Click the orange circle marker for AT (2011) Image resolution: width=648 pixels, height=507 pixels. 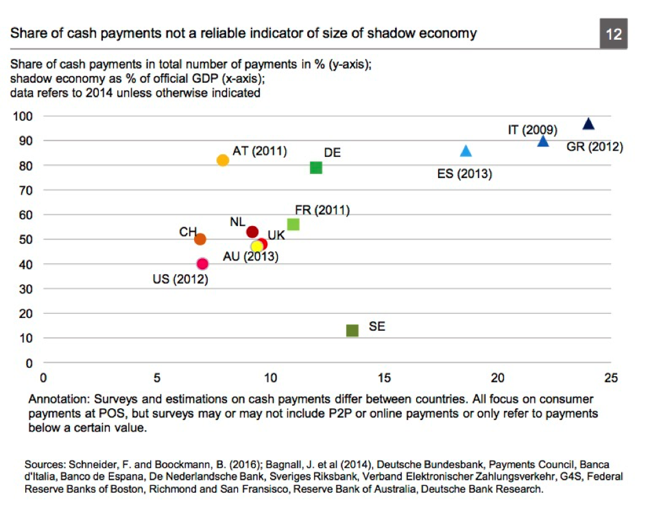click(x=223, y=160)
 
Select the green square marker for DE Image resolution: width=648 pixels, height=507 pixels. click(x=316, y=167)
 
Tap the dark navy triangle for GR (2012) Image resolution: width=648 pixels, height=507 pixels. click(x=588, y=124)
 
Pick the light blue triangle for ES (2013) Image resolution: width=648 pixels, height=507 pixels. click(x=466, y=151)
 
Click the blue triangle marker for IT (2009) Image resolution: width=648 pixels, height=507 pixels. click(x=543, y=141)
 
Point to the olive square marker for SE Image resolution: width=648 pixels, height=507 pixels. click(x=352, y=330)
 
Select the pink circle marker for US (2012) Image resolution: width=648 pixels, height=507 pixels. click(x=202, y=264)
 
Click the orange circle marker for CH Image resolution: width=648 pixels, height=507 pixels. click(x=200, y=239)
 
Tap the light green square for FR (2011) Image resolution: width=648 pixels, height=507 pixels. click(x=293, y=224)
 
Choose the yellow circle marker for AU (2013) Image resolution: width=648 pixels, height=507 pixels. click(x=257, y=247)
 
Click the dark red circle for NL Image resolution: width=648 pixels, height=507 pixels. click(x=252, y=232)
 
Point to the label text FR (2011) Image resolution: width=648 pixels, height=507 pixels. click(x=322, y=210)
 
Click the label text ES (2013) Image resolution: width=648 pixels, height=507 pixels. click(x=464, y=174)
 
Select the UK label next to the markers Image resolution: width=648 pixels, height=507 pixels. click(x=276, y=235)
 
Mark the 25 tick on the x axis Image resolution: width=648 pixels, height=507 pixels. click(x=610, y=378)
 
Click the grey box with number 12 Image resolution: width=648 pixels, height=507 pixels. click(x=613, y=34)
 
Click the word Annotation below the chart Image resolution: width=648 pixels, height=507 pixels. click(x=56, y=398)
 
